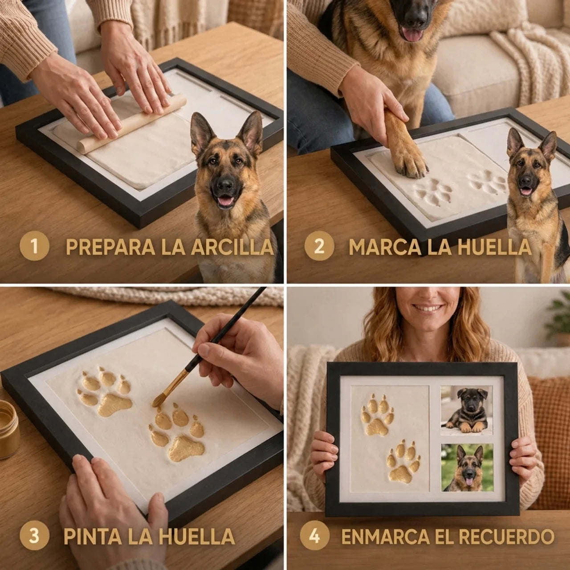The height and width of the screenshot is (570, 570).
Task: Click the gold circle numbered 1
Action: (x=34, y=246)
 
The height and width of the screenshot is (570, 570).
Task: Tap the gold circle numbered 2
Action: (x=319, y=246)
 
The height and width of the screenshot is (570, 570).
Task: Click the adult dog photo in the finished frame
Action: (x=468, y=468)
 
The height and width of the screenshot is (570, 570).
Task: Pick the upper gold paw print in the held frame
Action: (x=378, y=415)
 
